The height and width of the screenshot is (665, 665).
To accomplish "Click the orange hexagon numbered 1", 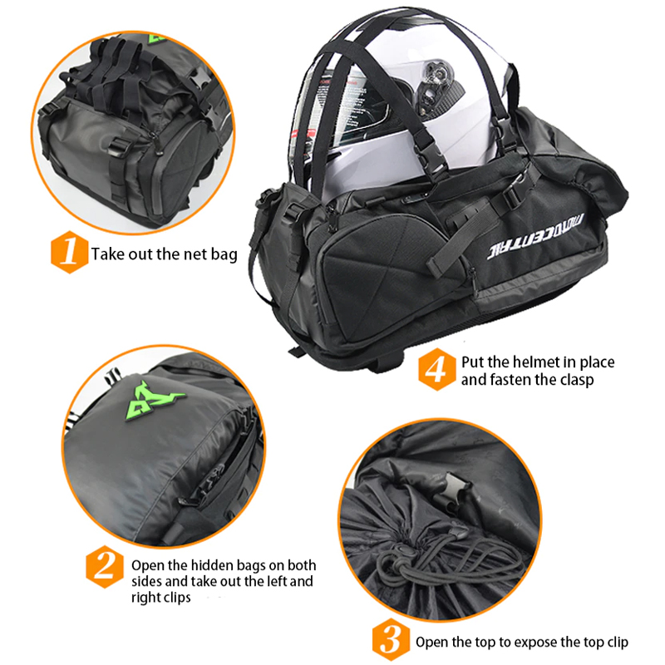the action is pyautogui.click(x=69, y=252).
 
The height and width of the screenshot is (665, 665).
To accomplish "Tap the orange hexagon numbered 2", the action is pyautogui.click(x=105, y=567).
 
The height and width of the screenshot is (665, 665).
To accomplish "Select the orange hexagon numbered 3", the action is pyautogui.click(x=391, y=639).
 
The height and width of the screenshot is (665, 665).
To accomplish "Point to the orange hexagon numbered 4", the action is pyautogui.click(x=437, y=369).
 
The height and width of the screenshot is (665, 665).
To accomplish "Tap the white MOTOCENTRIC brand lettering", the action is pyautogui.click(x=535, y=236).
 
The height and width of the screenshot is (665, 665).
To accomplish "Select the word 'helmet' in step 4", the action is pyautogui.click(x=536, y=362).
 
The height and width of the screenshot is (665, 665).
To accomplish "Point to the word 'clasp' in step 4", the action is pyautogui.click(x=577, y=380).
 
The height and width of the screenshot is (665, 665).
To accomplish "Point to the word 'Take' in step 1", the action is pyautogui.click(x=108, y=254).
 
